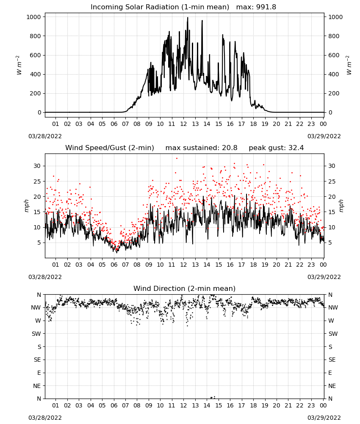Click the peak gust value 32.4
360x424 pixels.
[296, 148]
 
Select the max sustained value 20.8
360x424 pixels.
[230, 148]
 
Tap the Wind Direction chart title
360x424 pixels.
[185, 288]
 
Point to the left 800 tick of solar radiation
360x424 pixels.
[35, 36]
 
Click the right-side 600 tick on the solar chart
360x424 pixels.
[334, 55]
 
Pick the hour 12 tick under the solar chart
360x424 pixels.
[184, 124]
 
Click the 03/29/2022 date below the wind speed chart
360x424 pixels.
[324, 277]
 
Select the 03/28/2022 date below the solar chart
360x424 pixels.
[45, 136]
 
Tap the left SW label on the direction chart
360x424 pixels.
[36, 334]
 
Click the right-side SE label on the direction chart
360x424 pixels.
[332, 360]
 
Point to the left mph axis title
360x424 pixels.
[26, 206]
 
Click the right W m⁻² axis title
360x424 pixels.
[349, 65]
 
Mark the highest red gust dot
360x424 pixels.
[177, 159]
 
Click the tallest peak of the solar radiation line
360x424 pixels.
[188, 18]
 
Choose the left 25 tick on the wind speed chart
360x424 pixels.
[37, 181]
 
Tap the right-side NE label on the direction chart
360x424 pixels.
[332, 386]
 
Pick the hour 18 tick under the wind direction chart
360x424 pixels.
[253, 405]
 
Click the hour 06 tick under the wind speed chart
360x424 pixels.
[114, 265]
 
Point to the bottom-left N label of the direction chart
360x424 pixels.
[39, 399]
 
